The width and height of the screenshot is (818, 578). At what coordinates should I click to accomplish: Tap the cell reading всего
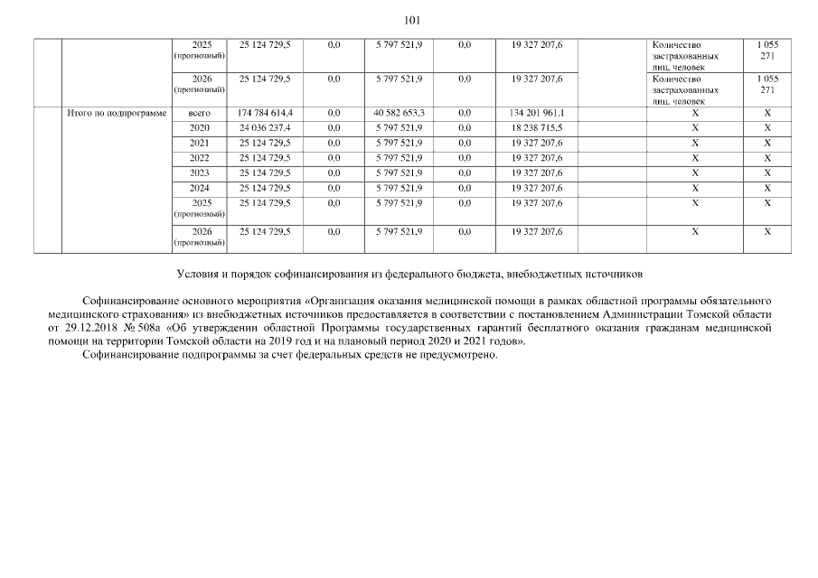pyautogui.click(x=200, y=114)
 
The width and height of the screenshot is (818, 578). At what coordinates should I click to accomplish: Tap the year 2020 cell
pyautogui.click(x=200, y=128)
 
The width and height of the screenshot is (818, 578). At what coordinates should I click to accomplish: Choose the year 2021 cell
pyautogui.click(x=200, y=143)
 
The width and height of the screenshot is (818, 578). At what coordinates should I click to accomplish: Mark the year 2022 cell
pyautogui.click(x=200, y=158)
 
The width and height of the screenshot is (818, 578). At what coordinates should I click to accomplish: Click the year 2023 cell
pyautogui.click(x=200, y=172)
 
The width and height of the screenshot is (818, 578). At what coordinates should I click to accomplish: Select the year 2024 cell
pyautogui.click(x=200, y=188)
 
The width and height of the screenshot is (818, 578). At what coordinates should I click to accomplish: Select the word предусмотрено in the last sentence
pyautogui.click(x=459, y=355)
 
